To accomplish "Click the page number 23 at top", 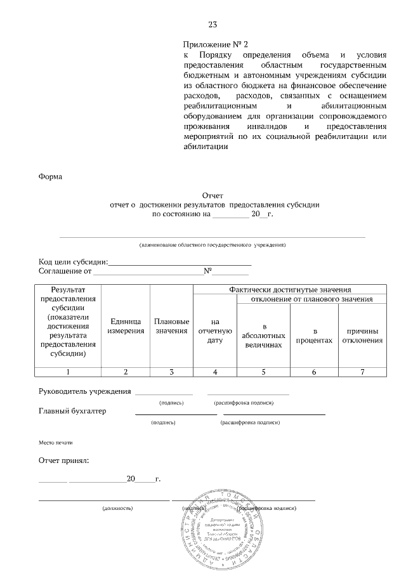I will (213, 25).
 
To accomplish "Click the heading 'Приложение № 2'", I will (215, 44).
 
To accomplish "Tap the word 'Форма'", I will (51, 176).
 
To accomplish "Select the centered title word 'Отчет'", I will (213, 196).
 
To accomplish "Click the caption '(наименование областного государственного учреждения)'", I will (213, 244).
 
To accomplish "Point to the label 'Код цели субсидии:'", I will (74, 262).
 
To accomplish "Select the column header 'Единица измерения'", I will (126, 326).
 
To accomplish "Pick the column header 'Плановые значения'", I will (171, 326).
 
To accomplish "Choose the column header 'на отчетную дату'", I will (214, 331).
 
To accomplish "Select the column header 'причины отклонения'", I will (362, 336).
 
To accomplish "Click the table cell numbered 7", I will (362, 372).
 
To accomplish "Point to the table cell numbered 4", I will (214, 372).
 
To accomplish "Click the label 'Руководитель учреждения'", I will (85, 391).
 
